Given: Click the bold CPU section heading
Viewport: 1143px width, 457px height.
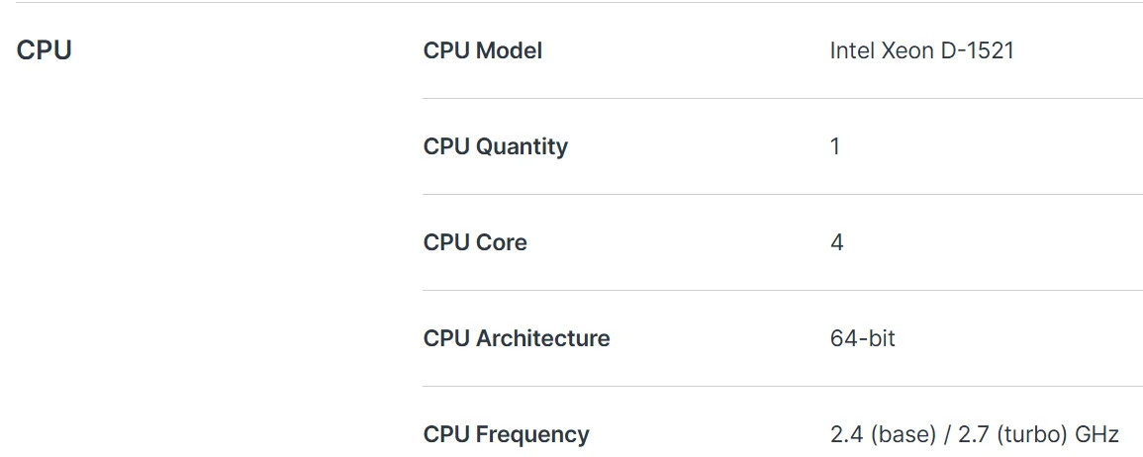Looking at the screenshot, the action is [44, 50].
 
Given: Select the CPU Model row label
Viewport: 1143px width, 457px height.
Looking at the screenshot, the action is [483, 51].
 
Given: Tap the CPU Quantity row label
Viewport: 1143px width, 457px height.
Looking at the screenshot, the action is [495, 146].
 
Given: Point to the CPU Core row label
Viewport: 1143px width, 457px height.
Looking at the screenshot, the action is [475, 242].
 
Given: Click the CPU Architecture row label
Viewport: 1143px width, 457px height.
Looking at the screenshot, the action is [517, 338].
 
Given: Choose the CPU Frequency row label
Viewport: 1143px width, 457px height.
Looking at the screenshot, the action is [506, 434].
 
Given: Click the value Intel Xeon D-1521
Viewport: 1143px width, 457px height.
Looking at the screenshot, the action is [921, 50].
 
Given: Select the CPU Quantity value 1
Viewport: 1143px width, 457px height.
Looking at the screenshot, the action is [834, 146].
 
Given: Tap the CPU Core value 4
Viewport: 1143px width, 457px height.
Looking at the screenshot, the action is [837, 242].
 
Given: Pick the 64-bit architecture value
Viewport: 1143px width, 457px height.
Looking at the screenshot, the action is [862, 338].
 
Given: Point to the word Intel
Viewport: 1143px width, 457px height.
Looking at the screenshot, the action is [852, 50].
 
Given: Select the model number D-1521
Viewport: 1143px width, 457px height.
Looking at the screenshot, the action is [977, 50].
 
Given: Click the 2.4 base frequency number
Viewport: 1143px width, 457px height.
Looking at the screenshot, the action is [844, 434].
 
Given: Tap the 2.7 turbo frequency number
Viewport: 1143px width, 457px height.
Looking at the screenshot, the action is [973, 434].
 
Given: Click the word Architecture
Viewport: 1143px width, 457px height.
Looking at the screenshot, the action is [542, 338].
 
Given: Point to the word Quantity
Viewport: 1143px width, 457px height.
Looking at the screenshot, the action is [522, 146].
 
